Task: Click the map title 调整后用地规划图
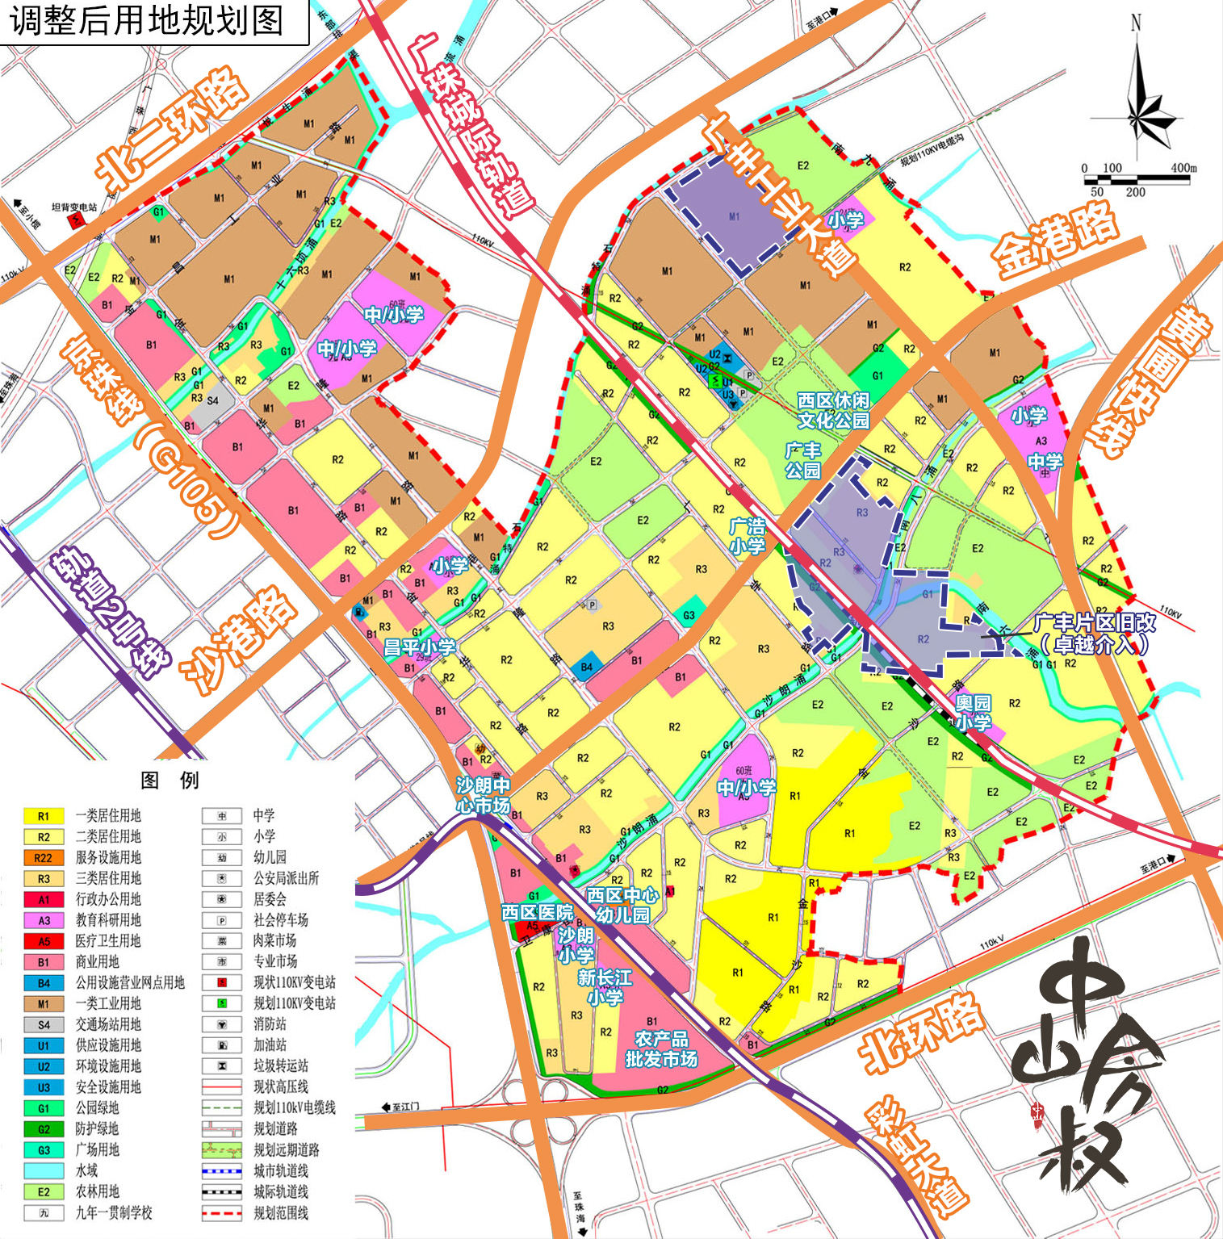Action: (x=148, y=20)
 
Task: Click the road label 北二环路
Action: (x=172, y=128)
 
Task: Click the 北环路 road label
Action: (x=922, y=1031)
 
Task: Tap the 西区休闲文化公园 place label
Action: (x=833, y=410)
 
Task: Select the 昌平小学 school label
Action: (x=419, y=647)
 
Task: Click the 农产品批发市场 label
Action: (x=661, y=1049)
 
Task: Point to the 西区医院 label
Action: (x=537, y=912)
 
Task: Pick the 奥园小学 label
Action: (x=973, y=712)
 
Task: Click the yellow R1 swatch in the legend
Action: (x=44, y=816)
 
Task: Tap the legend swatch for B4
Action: (x=44, y=983)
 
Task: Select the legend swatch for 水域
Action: (x=44, y=1170)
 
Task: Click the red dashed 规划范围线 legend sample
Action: (x=221, y=1212)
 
